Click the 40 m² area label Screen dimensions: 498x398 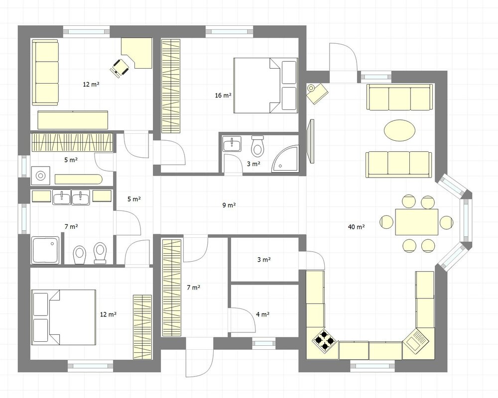coord(357,227)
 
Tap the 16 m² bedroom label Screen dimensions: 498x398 coord(223,95)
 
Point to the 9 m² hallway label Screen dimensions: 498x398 coord(229,205)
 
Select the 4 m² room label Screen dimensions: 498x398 coord(262,314)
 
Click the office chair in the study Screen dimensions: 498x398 coord(120,67)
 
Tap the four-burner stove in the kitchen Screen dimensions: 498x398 coord(324,341)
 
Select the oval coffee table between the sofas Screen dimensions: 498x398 coord(399,130)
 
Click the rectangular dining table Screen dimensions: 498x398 coord(417,222)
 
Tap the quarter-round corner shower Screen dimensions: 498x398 coord(285,159)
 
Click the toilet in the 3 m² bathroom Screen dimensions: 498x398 coord(257,146)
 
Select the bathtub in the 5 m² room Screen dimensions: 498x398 coord(79,179)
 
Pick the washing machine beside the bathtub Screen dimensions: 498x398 coord(40,175)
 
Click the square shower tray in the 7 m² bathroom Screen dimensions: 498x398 coord(45,250)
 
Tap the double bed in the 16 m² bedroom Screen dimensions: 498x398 coord(265,86)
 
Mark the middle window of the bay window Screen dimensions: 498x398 coord(466,221)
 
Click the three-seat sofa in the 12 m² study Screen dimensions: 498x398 coord(45,72)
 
